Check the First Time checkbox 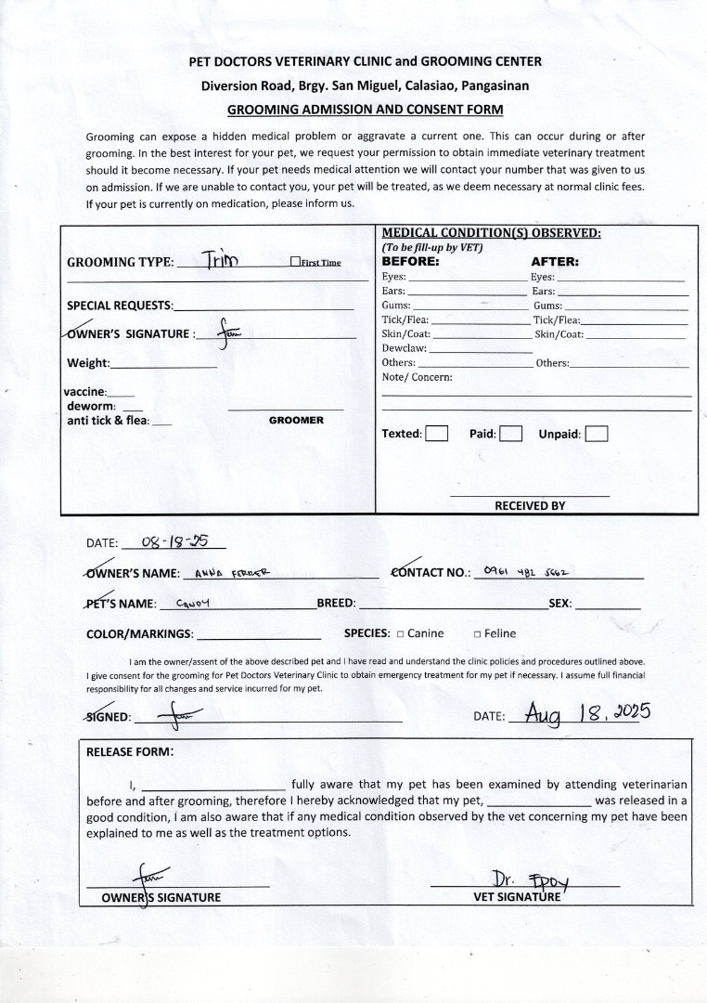[295, 262]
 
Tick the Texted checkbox [436, 434]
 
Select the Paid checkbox [510, 434]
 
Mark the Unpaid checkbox [597, 434]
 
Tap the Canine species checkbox [400, 634]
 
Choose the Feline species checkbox [477, 634]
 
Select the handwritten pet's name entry [195, 603]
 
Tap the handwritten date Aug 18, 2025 [587, 713]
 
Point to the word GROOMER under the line [296, 421]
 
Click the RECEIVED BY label [529, 506]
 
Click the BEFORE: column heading [410, 262]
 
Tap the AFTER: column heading [554, 262]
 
